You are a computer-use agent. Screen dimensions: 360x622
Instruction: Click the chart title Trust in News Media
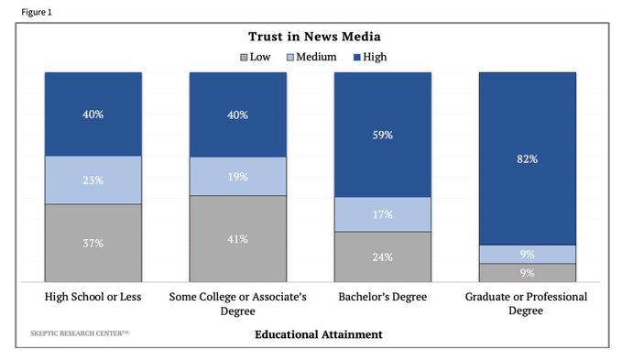pyautogui.click(x=314, y=37)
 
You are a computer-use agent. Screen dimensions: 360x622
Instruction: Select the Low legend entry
pyautogui.click(x=260, y=57)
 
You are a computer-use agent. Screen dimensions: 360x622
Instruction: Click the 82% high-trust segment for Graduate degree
pyautogui.click(x=527, y=158)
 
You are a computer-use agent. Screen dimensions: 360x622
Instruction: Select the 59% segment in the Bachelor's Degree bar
pyautogui.click(x=382, y=135)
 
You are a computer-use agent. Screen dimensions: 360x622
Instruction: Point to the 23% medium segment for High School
pyautogui.click(x=93, y=180)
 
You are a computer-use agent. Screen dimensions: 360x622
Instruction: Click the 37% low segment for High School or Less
pyautogui.click(x=93, y=243)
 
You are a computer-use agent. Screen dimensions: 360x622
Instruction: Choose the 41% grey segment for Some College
pyautogui.click(x=237, y=239)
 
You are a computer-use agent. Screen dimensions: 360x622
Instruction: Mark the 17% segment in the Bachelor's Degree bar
pyautogui.click(x=382, y=214)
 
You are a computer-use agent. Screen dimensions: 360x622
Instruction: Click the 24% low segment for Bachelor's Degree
pyautogui.click(x=382, y=256)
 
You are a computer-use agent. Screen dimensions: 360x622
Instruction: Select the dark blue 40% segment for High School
pyautogui.click(x=93, y=114)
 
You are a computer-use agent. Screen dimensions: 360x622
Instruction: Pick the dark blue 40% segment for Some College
pyautogui.click(x=237, y=114)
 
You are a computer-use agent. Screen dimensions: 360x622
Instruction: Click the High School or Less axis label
pyautogui.click(x=93, y=298)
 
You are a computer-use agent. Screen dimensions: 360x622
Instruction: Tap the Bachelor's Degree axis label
pyautogui.click(x=382, y=298)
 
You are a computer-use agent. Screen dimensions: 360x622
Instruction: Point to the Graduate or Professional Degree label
pyautogui.click(x=527, y=304)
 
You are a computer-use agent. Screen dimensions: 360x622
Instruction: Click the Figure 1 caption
pyautogui.click(x=21, y=12)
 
